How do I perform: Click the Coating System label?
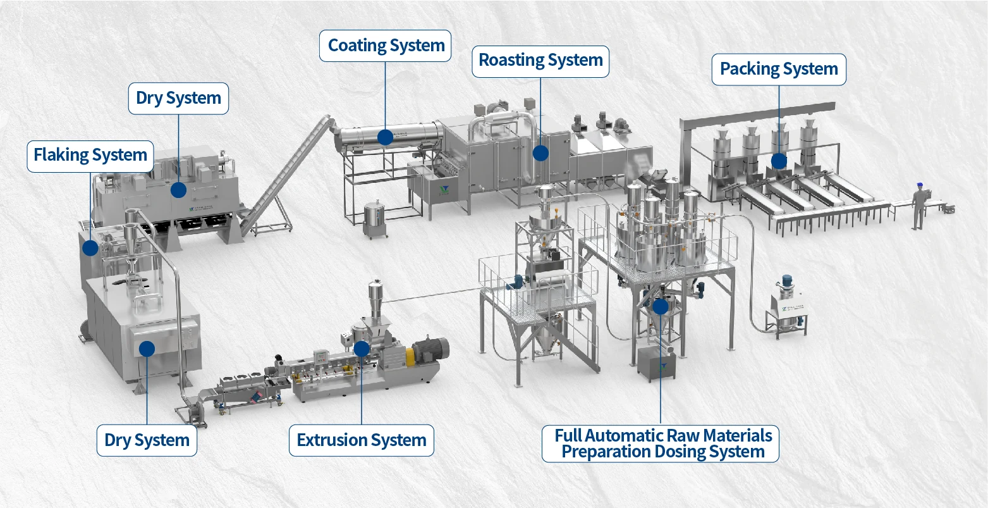click(386, 46)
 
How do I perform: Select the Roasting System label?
click(540, 61)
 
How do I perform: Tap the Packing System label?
click(779, 70)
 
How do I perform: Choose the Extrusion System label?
click(362, 440)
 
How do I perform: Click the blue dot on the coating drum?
click(385, 137)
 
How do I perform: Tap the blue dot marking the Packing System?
click(779, 161)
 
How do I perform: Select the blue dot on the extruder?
click(362, 348)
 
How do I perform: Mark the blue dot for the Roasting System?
click(540, 152)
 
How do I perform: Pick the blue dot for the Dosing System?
click(661, 307)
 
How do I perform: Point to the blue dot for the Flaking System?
click(90, 247)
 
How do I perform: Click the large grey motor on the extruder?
click(431, 349)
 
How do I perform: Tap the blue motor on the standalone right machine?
click(788, 282)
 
